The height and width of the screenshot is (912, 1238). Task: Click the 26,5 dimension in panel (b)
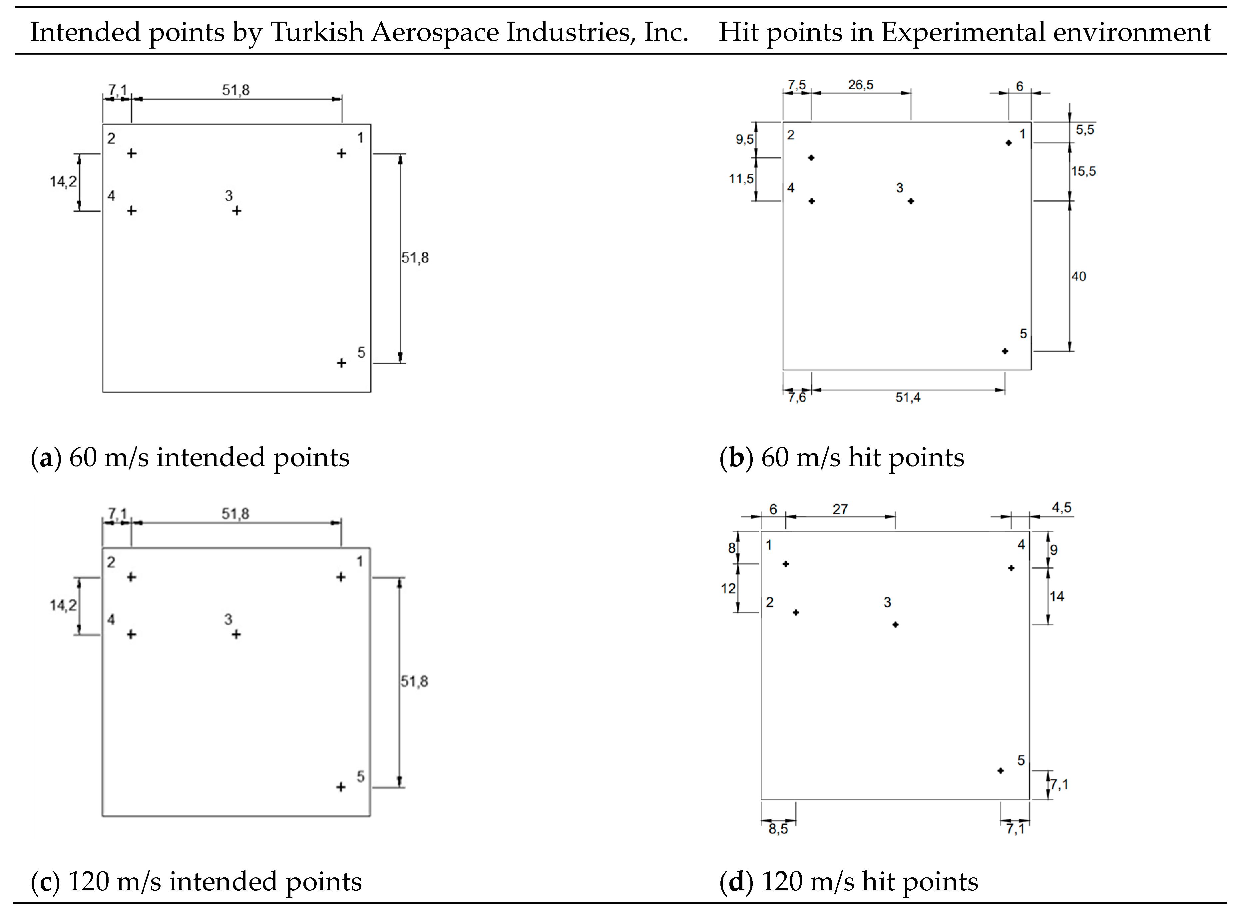coord(861,85)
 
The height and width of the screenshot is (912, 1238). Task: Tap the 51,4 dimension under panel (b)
coord(908,398)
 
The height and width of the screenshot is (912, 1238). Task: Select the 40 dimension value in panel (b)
coord(1078,277)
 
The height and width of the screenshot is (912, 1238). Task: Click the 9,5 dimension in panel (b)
coord(744,140)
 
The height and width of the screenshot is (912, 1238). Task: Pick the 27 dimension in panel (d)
coord(840,509)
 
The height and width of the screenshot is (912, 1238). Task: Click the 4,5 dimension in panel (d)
coord(1061,508)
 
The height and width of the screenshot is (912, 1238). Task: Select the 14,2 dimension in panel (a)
coord(64,181)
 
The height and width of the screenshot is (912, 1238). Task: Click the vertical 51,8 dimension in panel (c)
coord(414,682)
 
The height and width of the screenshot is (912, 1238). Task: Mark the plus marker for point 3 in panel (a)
coord(236,211)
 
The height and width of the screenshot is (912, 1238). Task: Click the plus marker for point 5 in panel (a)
coord(341,363)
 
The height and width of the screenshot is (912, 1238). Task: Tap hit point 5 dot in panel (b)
coord(1005,351)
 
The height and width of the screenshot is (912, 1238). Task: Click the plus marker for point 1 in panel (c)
coord(341,577)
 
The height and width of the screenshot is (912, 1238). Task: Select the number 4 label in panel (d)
coord(1021,545)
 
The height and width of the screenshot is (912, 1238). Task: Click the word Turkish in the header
coord(317,32)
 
